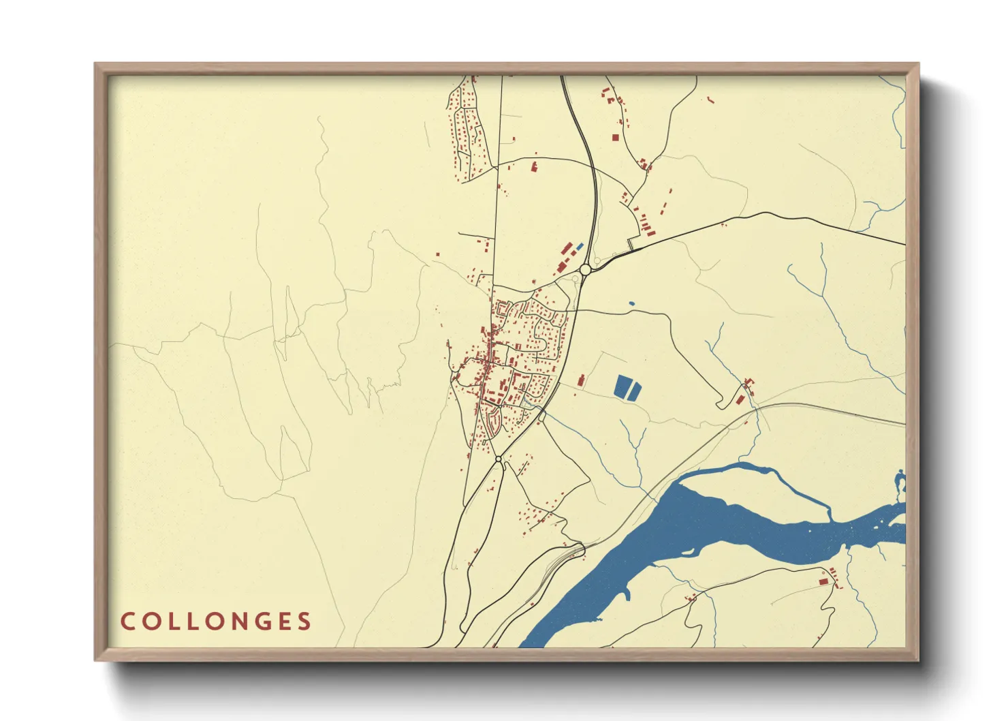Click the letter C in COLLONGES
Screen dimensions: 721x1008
pos(127,622)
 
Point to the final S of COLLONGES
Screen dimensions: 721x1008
pos(305,622)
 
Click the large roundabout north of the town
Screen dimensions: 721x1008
pos(585,270)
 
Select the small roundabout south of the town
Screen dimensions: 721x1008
pos(499,459)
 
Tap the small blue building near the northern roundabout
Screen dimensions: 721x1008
pos(580,246)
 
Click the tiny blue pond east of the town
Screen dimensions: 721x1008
pos(631,304)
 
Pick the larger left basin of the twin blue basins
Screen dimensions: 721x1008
pos(622,386)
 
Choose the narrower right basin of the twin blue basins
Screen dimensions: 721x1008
pos(635,391)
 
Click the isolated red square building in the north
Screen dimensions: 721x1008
pos(615,137)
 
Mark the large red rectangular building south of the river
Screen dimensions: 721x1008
pos(823,581)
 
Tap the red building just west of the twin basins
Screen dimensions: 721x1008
pos(581,380)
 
